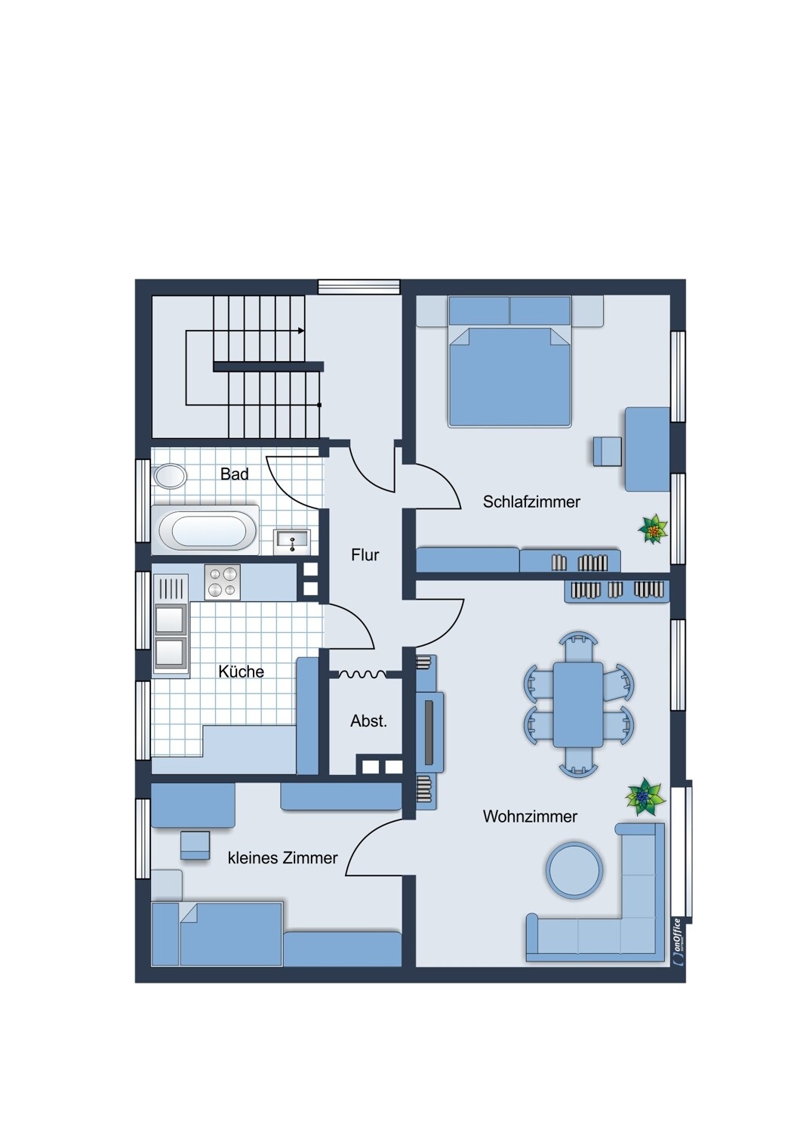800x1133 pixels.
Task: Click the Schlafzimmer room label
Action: coord(531,502)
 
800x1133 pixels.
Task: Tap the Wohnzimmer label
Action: coord(530,817)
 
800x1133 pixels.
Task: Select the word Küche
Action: coord(241,671)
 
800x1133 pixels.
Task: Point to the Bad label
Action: coord(235,474)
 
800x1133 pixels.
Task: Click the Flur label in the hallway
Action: coord(365,555)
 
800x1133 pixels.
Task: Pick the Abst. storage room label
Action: coord(368,721)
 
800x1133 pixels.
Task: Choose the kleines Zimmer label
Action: coord(282,858)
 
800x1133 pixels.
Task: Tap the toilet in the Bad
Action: coord(170,476)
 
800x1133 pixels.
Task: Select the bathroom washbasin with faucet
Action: coord(291,542)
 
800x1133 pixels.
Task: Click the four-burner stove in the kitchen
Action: coord(223,582)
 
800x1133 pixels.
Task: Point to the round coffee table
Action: coord(574,870)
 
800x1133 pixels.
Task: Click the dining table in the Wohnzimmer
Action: coord(577,704)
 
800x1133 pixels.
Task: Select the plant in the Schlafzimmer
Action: coord(652,529)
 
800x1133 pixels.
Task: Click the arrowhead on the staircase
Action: coord(301,331)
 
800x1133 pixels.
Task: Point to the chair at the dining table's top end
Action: coord(578,645)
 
